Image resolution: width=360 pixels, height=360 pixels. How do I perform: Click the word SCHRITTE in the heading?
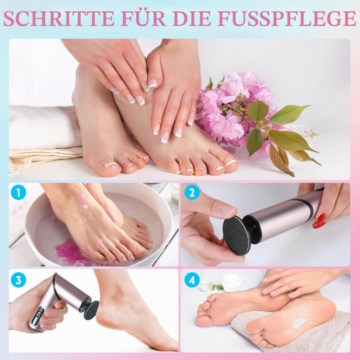click(x=59, y=18)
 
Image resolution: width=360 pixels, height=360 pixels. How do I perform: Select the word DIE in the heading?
click(x=191, y=18)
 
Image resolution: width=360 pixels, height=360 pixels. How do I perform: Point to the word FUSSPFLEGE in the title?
click(x=287, y=18)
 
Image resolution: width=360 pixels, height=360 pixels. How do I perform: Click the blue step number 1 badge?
click(x=18, y=192)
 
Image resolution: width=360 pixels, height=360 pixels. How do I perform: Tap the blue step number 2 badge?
click(x=192, y=192)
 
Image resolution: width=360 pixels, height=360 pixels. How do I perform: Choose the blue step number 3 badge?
click(x=18, y=280)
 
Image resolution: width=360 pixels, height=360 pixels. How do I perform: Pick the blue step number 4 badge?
click(x=192, y=280)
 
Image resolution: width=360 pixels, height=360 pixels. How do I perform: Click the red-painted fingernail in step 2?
click(x=319, y=221)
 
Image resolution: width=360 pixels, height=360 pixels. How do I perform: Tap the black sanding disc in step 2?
click(x=236, y=235)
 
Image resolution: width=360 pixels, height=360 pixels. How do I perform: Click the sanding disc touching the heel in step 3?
click(x=91, y=310)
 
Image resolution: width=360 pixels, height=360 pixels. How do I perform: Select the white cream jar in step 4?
click(x=231, y=282)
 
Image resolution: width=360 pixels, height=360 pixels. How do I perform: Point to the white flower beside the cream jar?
click(x=211, y=287)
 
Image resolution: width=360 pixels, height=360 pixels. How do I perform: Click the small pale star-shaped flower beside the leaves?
click(x=310, y=133)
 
